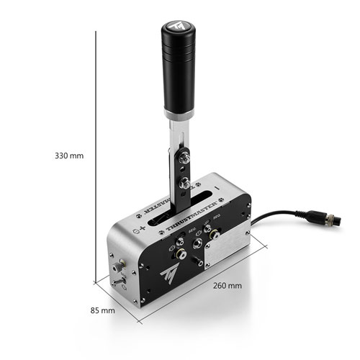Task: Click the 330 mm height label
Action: pyautogui.click(x=69, y=155)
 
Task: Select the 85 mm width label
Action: pyautogui.click(x=103, y=311)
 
